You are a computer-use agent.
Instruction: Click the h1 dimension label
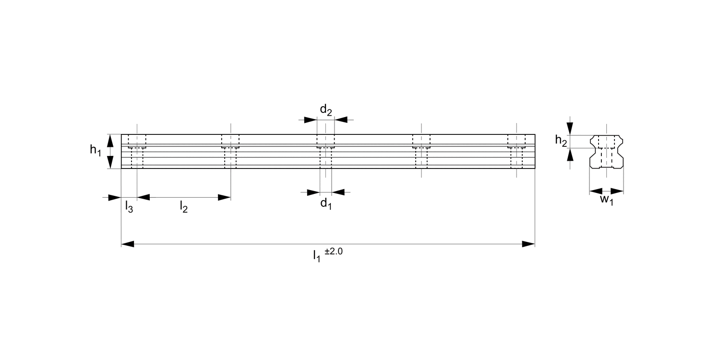(95, 150)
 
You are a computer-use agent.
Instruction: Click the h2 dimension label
(561, 140)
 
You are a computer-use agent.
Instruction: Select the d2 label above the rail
(326, 110)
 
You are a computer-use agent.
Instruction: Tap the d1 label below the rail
(326, 204)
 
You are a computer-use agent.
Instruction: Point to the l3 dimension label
(129, 207)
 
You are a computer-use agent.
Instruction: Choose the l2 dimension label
(183, 207)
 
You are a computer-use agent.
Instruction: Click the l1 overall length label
(316, 256)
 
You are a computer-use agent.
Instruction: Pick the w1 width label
(607, 200)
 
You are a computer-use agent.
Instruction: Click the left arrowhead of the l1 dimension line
(128, 244)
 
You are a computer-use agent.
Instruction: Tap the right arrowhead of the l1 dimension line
(528, 244)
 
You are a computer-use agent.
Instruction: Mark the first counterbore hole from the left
(137, 141)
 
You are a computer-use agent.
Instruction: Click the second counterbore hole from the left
(230, 141)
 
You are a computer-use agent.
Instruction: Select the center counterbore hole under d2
(326, 141)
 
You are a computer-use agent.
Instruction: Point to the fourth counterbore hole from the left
(421, 141)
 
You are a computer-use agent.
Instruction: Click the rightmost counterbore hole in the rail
(516, 141)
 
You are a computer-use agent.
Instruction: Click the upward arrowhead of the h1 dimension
(110, 141)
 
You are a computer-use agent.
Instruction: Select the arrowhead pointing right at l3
(115, 197)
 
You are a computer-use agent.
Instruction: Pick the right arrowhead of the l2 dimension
(225, 197)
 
